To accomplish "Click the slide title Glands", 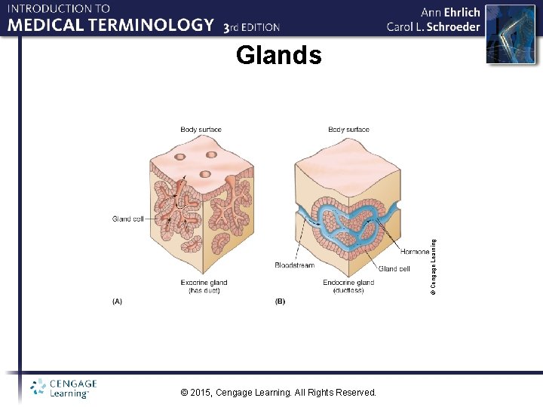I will pos(278,56).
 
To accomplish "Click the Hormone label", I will pos(415,252).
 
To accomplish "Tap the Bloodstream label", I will pos(294,265).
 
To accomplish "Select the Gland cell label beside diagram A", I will pos(127,219).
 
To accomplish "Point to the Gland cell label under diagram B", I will pos(394,268).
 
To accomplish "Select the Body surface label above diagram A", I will pos(201,130).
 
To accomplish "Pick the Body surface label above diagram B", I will pos(348,130).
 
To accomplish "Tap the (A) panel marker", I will pos(117,301).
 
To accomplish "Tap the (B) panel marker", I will pos(280,301).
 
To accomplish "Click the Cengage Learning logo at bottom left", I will pos(64,388).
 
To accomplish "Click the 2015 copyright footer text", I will pos(278,392).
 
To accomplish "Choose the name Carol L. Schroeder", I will pos(433,26).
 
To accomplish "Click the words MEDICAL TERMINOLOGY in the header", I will pos(111,25).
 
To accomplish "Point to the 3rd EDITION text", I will pos(252,27).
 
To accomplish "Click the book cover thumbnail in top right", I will pos(503,35).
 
